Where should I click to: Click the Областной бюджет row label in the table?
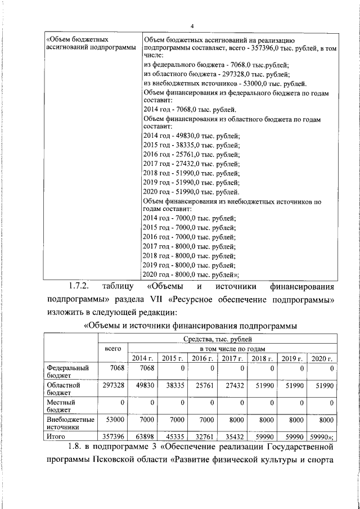pyautogui.click(x=63, y=389)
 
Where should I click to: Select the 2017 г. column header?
pyautogui.click(x=232, y=359)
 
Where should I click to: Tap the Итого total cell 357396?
pyautogui.click(x=112, y=436)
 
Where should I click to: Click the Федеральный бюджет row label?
pyautogui.click(x=67, y=372)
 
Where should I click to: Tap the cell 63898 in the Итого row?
pyautogui.click(x=143, y=436)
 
